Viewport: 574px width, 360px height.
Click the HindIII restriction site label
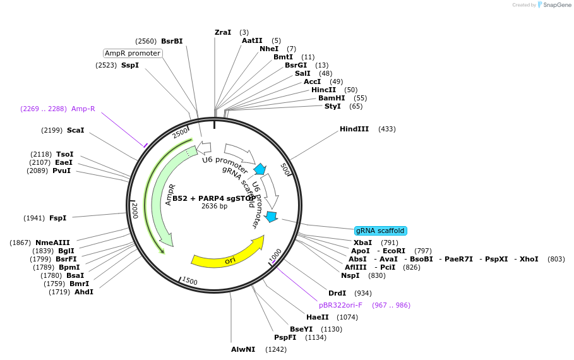point(354,129)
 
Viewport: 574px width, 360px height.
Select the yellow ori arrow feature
point(227,254)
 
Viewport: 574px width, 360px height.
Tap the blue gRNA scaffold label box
point(380,231)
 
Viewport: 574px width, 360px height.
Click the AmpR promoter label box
point(133,53)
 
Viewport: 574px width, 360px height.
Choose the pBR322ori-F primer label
point(340,305)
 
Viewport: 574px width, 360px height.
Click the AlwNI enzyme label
point(243,349)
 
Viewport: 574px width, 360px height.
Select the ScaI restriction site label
point(75,130)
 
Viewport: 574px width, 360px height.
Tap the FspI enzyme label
point(57,218)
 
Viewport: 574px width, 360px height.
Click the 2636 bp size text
point(214,207)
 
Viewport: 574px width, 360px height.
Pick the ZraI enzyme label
point(223,32)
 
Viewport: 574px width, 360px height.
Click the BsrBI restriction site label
point(172,41)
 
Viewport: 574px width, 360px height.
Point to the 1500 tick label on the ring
point(189,281)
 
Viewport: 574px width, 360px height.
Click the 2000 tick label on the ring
point(135,210)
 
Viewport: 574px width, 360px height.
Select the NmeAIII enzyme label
point(52,243)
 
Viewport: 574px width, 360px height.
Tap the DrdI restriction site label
point(337,293)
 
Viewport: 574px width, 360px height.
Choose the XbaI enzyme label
point(362,243)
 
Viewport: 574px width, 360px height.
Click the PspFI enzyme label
point(285,337)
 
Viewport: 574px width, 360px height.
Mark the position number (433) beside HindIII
point(386,129)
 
